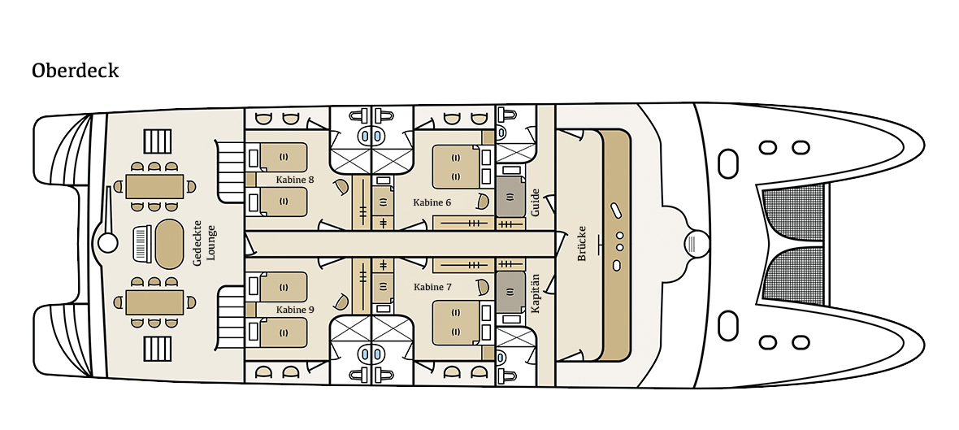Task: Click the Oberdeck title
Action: pyautogui.click(x=76, y=71)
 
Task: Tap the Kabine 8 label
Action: pyautogui.click(x=295, y=180)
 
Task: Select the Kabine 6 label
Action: pyautogui.click(x=432, y=202)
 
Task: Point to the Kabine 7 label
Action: pyautogui.click(x=432, y=287)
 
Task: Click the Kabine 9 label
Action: pyautogui.click(x=295, y=310)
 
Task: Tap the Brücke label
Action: pyautogui.click(x=582, y=243)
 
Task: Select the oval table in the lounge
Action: pyautogui.click(x=169, y=243)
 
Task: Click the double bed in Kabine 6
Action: pyautogui.click(x=456, y=166)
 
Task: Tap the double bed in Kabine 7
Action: pyautogui.click(x=456, y=323)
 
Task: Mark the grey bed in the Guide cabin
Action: pyautogui.click(x=510, y=197)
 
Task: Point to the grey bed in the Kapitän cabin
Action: pyautogui.click(x=510, y=291)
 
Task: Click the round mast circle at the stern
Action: pyautogui.click(x=107, y=243)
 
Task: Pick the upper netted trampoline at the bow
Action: pyautogui.click(x=792, y=214)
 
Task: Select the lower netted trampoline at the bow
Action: pyautogui.click(x=792, y=273)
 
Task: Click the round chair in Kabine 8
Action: pyautogui.click(x=341, y=187)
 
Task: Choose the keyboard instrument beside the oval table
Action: pyautogui.click(x=142, y=243)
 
